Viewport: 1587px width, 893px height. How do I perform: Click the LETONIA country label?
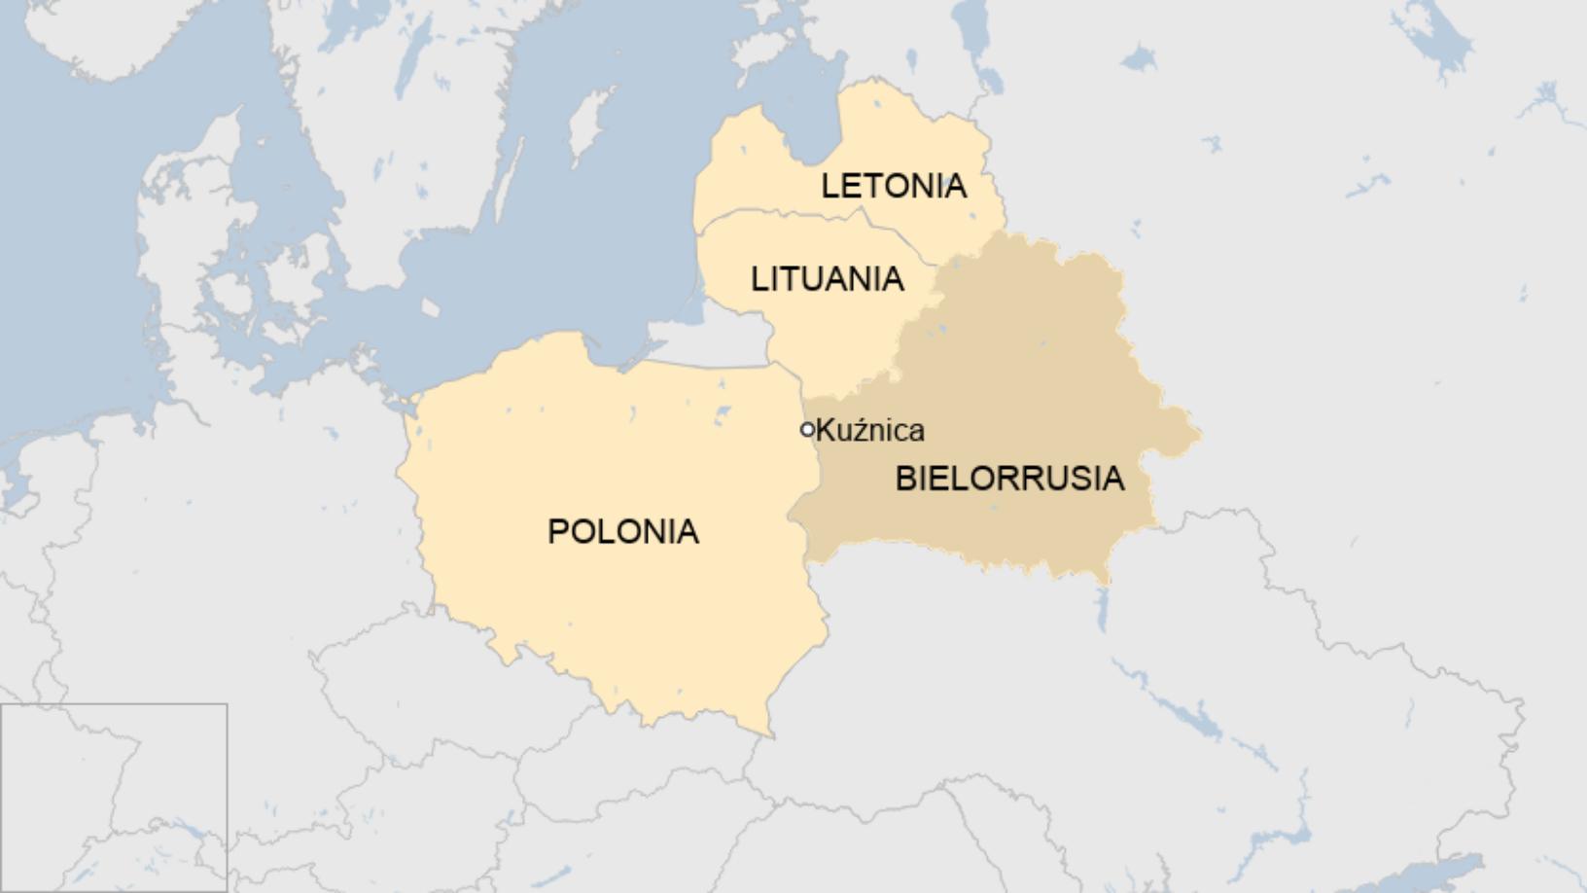pos(894,186)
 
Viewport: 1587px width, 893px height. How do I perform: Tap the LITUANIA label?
pos(827,279)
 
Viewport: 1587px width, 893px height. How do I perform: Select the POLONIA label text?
pos(622,531)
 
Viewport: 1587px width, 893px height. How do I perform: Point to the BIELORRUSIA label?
pos(1009,479)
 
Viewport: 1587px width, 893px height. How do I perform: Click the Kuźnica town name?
pos(870,430)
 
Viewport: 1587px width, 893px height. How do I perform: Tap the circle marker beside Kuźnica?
pos(807,429)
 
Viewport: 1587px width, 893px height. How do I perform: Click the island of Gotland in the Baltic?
pos(583,131)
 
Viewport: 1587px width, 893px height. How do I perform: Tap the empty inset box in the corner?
pos(114,798)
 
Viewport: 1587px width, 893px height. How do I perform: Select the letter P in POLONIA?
pos(557,532)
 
